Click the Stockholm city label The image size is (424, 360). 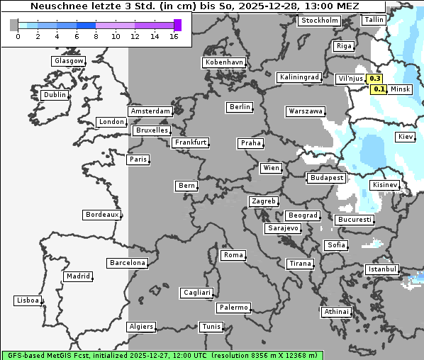(319, 21)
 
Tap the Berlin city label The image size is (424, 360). (240, 107)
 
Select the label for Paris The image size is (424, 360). (138, 159)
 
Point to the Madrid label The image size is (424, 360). (77, 276)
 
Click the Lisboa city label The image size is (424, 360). (28, 300)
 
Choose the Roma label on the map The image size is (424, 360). (233, 255)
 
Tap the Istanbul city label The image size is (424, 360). (382, 269)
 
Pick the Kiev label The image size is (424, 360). (406, 136)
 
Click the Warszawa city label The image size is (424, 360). (306, 111)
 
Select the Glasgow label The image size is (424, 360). (69, 61)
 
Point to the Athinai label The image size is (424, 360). (336, 312)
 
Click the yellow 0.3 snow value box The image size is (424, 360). (375, 79)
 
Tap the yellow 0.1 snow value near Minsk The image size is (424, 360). (379, 89)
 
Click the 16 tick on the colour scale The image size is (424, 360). (174, 36)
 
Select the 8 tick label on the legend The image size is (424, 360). (96, 36)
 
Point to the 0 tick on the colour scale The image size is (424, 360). (18, 36)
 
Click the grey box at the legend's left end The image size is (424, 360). (14, 25)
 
